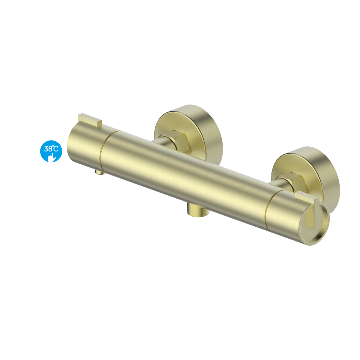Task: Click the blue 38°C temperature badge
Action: tap(51, 151)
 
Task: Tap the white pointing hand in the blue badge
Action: tap(52, 157)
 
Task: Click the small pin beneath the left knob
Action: tap(100, 172)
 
